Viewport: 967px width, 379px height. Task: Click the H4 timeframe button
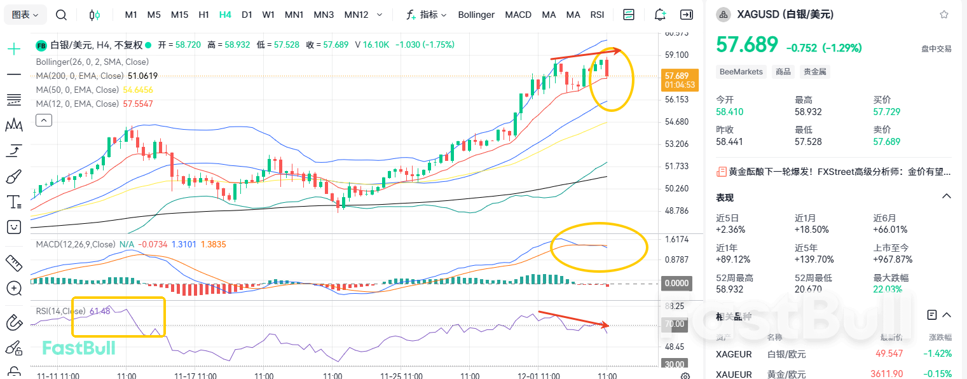coord(225,15)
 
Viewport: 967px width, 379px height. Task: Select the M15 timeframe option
coord(179,15)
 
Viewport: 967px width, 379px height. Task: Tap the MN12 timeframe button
coord(356,15)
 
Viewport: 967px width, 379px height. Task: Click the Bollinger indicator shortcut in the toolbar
coord(476,15)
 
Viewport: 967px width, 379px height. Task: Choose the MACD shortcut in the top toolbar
coord(518,15)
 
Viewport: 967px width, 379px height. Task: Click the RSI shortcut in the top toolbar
coord(597,15)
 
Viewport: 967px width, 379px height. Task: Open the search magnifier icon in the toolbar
coord(61,15)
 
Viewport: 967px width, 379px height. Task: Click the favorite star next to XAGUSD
coord(944,15)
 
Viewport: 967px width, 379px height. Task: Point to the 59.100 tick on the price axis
coord(676,55)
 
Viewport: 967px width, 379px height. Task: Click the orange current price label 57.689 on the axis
coord(679,76)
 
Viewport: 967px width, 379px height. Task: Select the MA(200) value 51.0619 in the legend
coord(143,76)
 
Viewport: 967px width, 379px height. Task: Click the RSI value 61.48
coord(100,311)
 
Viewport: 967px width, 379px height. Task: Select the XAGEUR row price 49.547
coord(889,354)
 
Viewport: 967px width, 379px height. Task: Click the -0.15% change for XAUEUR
coord(939,374)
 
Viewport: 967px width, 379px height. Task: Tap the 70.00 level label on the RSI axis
coord(674,324)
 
